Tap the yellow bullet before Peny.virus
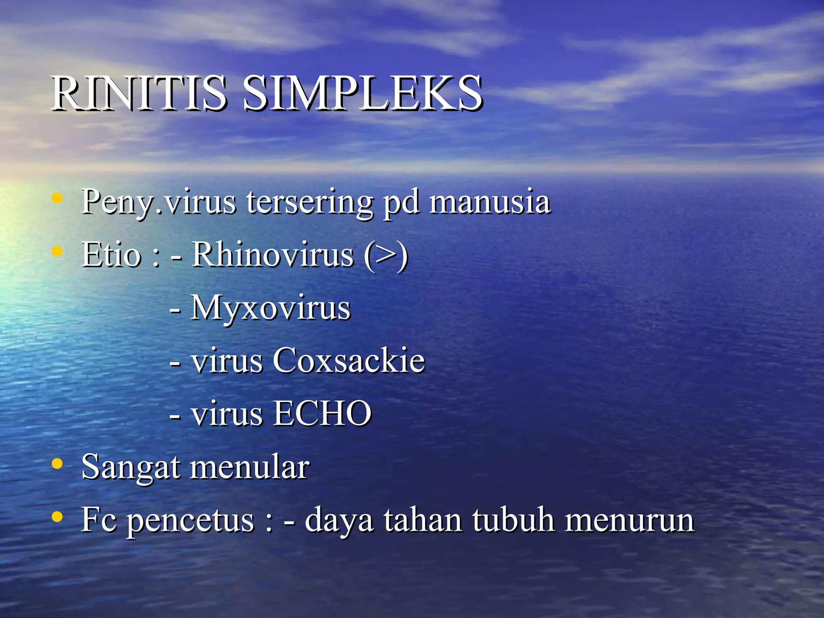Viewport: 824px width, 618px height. click(58, 198)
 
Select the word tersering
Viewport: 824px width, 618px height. click(310, 202)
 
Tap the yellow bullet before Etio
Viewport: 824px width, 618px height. click(58, 251)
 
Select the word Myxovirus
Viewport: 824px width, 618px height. click(270, 308)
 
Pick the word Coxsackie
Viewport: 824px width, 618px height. click(348, 360)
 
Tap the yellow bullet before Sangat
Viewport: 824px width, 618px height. click(58, 463)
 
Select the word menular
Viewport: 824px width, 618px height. click(250, 467)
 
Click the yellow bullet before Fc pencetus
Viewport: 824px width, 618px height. click(58, 517)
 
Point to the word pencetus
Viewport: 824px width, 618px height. click(191, 521)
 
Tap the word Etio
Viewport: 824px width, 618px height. click(111, 254)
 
